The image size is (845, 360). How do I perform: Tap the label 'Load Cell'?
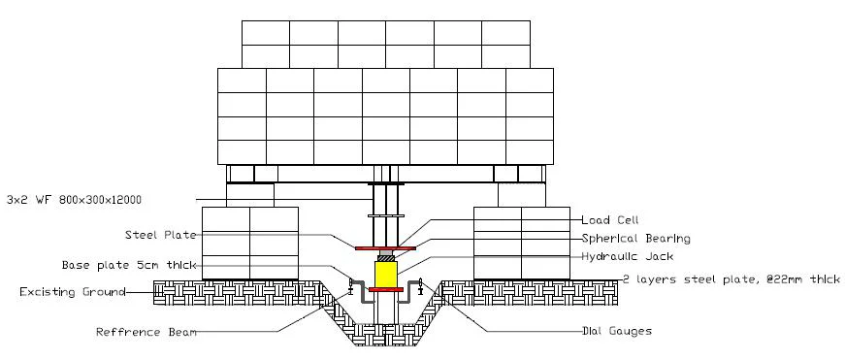[610, 219]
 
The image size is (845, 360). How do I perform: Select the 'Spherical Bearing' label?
[635, 238]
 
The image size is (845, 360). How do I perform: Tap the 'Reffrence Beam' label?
[146, 332]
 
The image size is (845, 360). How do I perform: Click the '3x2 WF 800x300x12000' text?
[74, 200]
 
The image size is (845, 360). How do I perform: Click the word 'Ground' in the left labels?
[104, 291]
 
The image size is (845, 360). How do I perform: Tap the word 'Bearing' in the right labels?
[664, 238]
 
